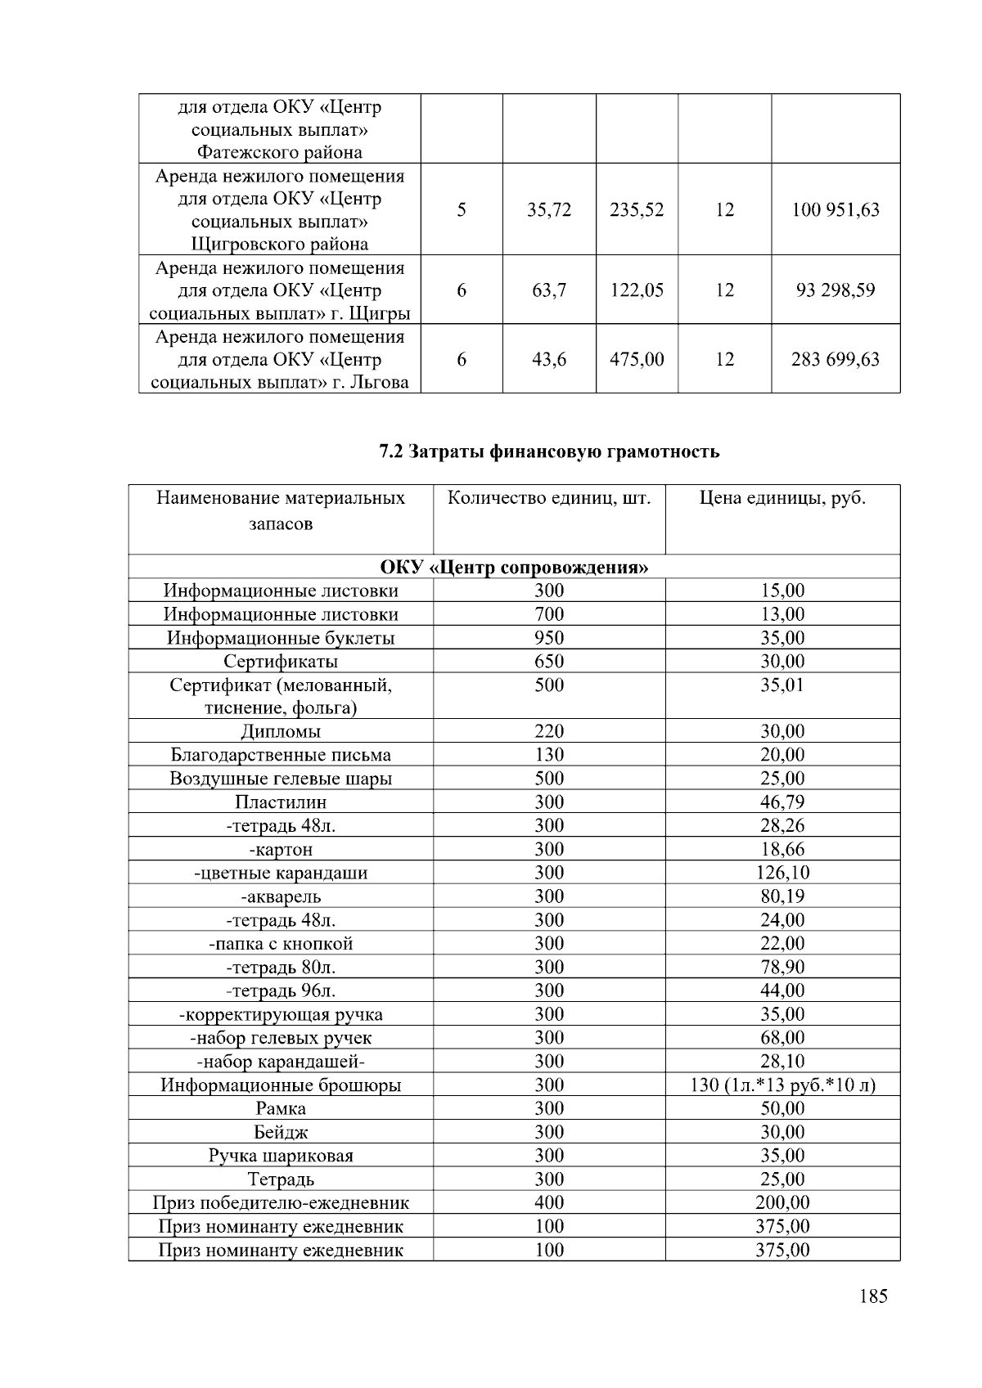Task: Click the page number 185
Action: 873,1296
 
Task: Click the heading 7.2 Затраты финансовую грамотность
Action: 549,451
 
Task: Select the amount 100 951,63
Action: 835,209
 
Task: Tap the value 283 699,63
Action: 835,359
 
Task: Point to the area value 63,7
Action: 549,290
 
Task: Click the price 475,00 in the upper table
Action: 637,359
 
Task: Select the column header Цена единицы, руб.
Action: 782,498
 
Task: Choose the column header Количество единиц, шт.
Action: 549,498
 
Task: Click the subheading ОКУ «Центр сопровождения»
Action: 514,567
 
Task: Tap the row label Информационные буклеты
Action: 281,638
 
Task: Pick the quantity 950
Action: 549,638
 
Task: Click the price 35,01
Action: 782,685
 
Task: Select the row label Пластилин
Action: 281,802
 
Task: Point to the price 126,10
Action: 782,873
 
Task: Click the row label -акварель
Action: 281,896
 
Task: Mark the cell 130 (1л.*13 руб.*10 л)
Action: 782,1085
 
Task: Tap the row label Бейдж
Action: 281,1133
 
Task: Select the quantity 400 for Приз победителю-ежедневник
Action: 549,1203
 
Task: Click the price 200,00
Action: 782,1203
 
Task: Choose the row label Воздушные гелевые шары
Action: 281,779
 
